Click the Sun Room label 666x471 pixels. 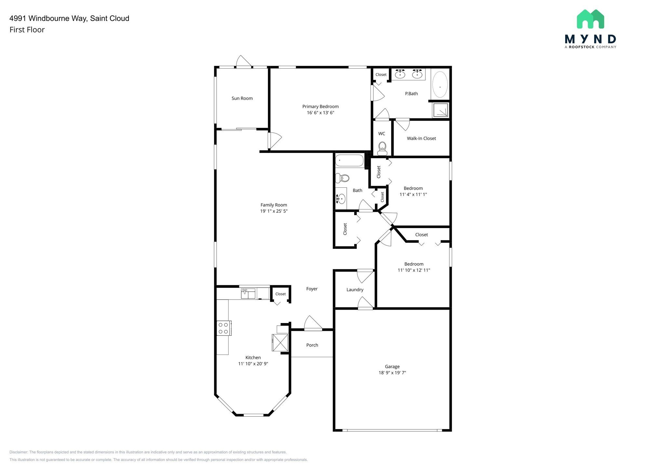click(242, 98)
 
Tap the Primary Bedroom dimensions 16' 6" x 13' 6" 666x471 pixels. click(320, 113)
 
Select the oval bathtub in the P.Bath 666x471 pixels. click(440, 85)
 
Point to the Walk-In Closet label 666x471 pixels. click(421, 138)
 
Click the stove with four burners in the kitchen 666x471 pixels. click(224, 328)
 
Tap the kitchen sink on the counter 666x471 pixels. click(248, 293)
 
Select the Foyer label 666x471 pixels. click(312, 289)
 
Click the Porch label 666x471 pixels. click(312, 345)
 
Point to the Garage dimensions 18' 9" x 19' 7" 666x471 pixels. click(392, 373)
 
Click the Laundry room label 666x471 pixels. click(355, 289)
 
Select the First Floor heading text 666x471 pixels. click(27, 30)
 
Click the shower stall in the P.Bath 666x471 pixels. click(441, 110)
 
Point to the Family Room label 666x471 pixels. click(273, 205)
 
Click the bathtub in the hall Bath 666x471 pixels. click(350, 161)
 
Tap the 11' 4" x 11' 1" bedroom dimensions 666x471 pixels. click(413, 195)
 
